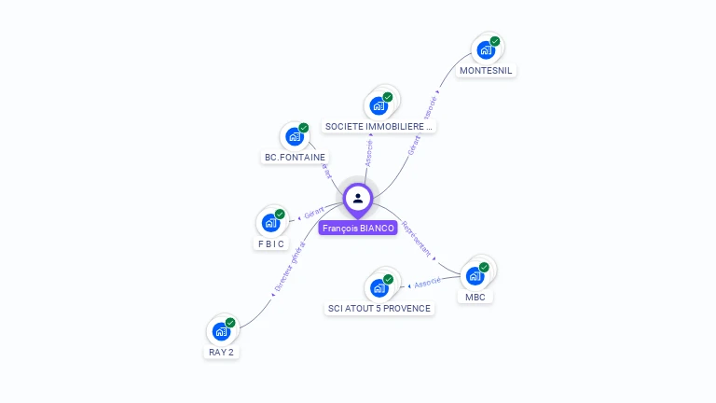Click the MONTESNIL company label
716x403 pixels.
pos(487,71)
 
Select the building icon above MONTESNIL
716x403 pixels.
pos(486,49)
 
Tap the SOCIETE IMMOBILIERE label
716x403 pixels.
pos(379,126)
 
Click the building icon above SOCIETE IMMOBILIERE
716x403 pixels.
pos(379,104)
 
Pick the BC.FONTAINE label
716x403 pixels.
pos(295,158)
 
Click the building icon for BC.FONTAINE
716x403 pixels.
pos(295,136)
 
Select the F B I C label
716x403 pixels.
pos(271,244)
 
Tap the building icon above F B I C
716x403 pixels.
pos(270,223)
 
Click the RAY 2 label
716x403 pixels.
pos(221,353)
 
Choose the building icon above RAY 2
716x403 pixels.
pos(221,331)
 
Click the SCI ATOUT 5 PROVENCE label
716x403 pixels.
pos(379,309)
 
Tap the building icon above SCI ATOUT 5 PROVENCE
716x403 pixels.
pos(379,287)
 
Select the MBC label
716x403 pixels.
pos(475,298)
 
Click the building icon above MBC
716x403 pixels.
pos(475,275)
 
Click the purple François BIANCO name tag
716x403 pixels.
pos(358,228)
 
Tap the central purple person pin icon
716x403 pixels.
pos(358,198)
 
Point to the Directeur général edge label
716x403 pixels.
pos(289,267)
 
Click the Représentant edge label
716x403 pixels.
pos(416,238)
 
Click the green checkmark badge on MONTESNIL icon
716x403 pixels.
pos(495,41)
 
